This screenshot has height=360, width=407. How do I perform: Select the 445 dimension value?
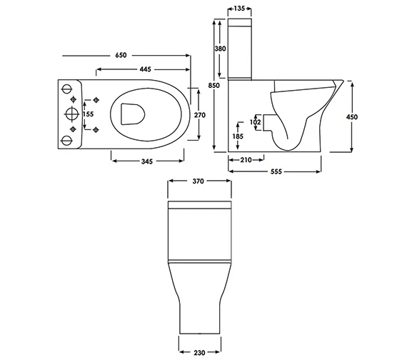145,69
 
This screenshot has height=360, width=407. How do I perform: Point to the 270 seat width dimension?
201,114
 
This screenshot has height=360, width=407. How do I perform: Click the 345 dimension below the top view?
146,162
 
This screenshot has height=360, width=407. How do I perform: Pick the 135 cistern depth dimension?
241,9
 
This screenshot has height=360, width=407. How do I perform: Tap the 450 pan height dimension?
352,116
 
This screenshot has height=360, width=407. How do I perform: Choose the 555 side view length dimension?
275,173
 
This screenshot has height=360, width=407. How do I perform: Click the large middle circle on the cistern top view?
71,113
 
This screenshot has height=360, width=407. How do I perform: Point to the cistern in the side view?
241,50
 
